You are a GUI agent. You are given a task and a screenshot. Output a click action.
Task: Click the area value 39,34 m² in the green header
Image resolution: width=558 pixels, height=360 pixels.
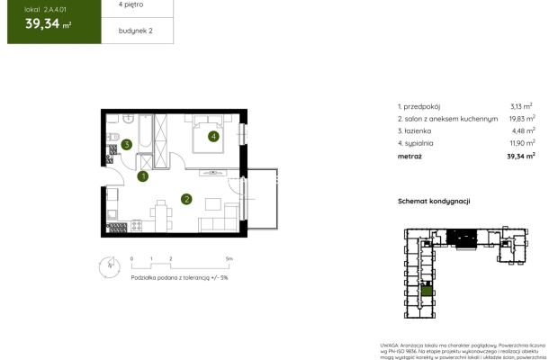coord(49,24)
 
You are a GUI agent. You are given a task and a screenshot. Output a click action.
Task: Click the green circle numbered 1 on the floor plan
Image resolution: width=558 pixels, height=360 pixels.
coord(143,176)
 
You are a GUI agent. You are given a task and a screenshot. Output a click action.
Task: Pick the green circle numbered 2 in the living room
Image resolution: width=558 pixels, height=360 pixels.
coord(186,199)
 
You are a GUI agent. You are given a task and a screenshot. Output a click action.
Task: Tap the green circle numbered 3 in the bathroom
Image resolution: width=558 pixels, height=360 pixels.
coord(128,143)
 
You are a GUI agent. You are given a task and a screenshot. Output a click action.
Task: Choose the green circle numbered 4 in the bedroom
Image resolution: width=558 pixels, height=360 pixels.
coord(213,137)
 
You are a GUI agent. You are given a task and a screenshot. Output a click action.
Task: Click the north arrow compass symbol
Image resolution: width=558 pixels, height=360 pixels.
coord(109,265)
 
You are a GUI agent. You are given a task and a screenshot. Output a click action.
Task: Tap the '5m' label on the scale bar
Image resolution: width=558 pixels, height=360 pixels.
coord(229,258)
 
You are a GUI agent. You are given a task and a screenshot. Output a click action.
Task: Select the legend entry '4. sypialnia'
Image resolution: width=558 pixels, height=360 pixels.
coord(417,142)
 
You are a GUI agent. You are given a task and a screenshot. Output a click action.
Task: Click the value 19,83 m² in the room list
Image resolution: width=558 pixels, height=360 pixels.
coord(520,117)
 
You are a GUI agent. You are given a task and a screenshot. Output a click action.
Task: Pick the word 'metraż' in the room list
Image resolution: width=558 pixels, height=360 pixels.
coord(409,155)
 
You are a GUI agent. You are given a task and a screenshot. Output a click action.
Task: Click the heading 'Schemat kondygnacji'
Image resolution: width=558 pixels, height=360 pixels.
coord(435,202)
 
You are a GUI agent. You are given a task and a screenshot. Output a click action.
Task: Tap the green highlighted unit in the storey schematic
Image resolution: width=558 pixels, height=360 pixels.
coord(427,291)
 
